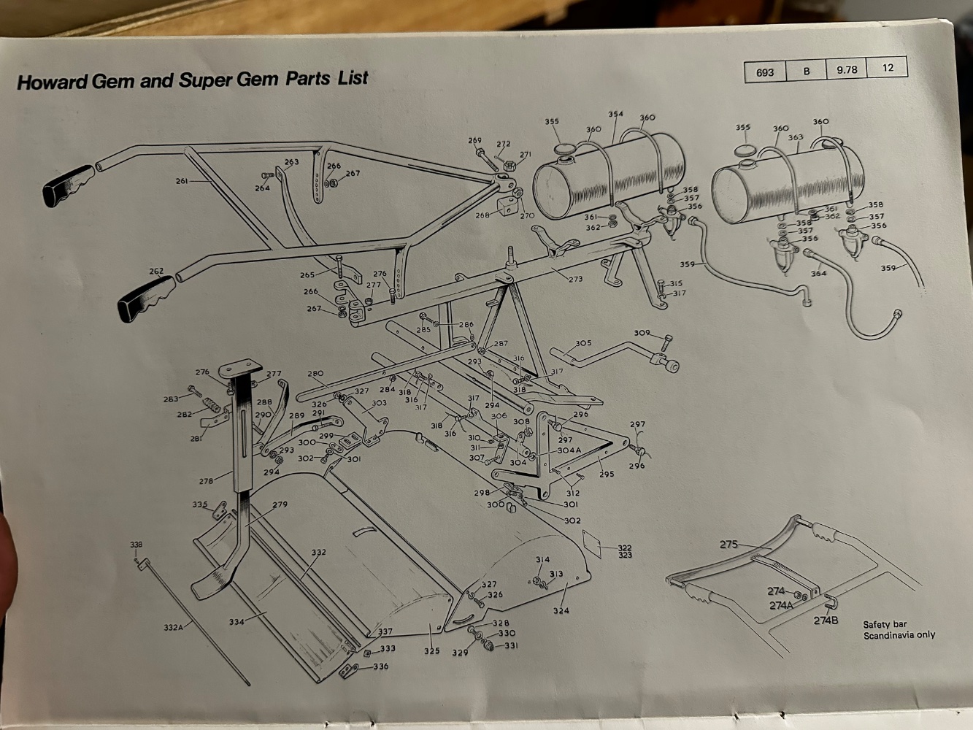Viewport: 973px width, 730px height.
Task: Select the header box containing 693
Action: coord(765,72)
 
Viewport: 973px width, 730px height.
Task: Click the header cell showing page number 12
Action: coord(888,68)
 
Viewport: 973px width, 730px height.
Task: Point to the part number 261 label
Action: coord(182,181)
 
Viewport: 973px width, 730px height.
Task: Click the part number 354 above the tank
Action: coord(615,114)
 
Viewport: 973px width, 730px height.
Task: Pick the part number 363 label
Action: coord(795,137)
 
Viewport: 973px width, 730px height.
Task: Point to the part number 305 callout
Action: coord(583,343)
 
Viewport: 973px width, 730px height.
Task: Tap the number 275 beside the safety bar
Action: coord(729,544)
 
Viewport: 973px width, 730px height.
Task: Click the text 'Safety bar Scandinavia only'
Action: coord(898,629)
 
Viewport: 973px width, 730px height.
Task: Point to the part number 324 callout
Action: coord(561,610)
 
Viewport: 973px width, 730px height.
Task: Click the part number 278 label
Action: coord(206,481)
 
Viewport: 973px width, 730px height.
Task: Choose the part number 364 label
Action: coord(818,274)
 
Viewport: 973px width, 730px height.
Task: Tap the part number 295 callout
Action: coord(606,474)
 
